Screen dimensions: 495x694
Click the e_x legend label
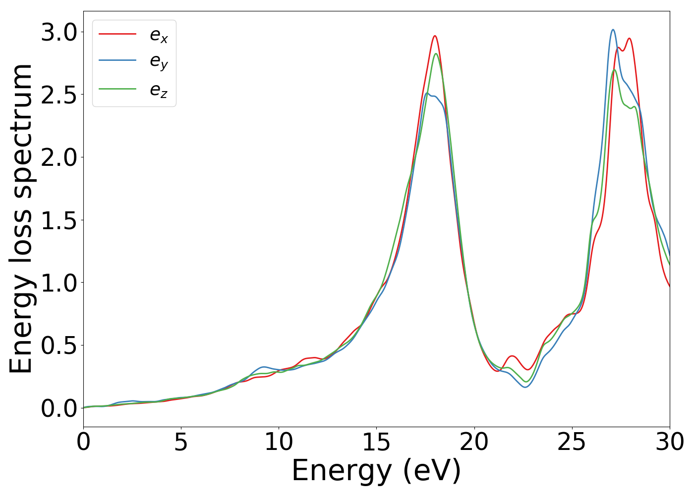tap(159, 35)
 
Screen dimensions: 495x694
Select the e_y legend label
tap(159, 61)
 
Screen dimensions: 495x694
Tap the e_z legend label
tap(159, 90)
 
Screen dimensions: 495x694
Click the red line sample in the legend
tap(117, 34)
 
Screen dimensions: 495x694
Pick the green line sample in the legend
tap(117, 89)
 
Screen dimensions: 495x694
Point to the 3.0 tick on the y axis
tap(59, 33)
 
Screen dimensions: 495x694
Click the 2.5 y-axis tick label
tap(59, 95)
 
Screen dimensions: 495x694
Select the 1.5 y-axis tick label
tap(59, 220)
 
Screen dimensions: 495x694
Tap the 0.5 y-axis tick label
tap(59, 346)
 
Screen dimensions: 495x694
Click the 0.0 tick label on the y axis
tap(59, 408)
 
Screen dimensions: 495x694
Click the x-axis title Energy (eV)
tap(376, 471)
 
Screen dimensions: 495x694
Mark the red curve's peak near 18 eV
tap(435, 36)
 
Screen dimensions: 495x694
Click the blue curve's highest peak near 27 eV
tap(613, 30)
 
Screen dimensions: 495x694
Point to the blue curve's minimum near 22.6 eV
tap(525, 387)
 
